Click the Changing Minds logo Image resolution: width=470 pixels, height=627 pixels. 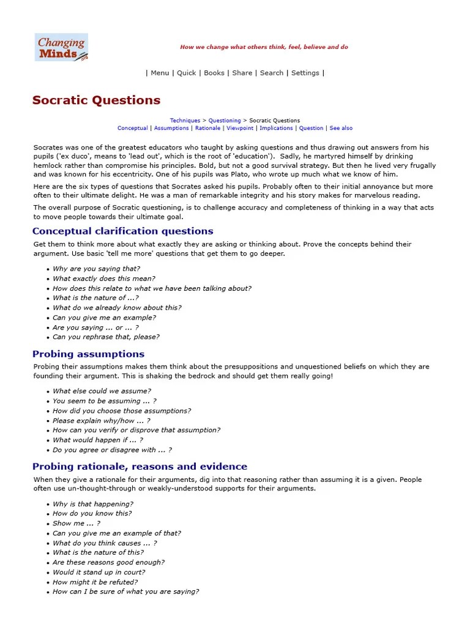61,47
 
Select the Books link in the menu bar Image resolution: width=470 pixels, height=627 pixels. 214,73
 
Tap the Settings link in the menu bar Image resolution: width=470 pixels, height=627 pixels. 305,73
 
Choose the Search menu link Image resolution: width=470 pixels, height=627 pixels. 271,73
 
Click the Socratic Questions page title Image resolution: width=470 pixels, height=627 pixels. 96,100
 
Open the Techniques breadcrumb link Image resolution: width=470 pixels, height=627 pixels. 185,121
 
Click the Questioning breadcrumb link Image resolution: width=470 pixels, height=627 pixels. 225,121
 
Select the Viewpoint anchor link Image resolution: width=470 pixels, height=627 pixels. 240,129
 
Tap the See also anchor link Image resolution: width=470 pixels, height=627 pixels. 341,129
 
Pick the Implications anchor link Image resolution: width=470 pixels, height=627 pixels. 277,129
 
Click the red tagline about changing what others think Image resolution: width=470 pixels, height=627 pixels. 264,47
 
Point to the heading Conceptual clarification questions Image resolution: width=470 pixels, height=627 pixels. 122,231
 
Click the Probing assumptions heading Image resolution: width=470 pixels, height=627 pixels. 88,354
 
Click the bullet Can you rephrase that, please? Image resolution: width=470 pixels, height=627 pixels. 105,337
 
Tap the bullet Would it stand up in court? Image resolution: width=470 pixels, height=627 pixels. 99,572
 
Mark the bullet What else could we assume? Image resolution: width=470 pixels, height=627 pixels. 102,391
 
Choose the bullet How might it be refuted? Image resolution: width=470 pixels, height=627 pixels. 95,582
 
